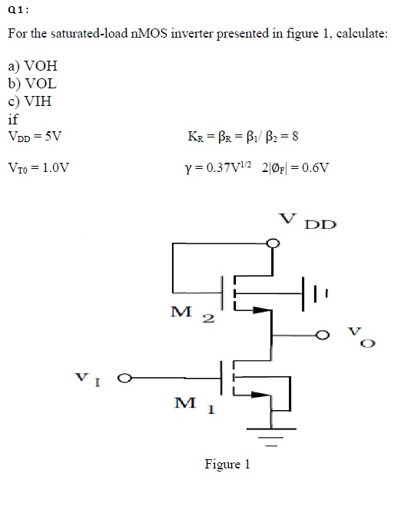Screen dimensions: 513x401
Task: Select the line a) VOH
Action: point(31,67)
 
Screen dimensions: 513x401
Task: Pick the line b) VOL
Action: point(31,84)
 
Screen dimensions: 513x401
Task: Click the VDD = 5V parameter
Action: point(35,136)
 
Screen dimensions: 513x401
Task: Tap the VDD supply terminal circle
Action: point(271,244)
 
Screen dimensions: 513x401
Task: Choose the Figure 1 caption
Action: point(227,465)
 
